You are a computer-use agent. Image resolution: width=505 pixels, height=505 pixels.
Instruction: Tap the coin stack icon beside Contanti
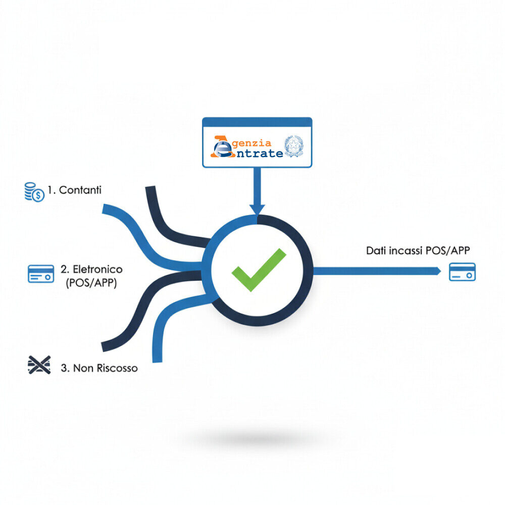click(x=34, y=192)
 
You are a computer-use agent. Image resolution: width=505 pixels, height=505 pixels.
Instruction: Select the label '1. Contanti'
click(x=74, y=190)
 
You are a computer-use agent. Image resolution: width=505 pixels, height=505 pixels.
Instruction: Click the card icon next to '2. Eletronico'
click(x=41, y=274)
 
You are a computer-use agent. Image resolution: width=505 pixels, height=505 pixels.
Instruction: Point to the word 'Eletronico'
click(x=97, y=269)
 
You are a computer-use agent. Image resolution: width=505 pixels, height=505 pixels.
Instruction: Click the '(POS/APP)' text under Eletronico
click(x=91, y=283)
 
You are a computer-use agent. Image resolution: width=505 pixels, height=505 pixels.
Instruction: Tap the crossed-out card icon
click(x=39, y=365)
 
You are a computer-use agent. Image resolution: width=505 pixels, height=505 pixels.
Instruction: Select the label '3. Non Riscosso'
click(x=99, y=368)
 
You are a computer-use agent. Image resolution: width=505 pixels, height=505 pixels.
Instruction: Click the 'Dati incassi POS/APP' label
click(x=418, y=250)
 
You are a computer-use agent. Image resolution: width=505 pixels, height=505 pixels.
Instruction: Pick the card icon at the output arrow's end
click(x=462, y=272)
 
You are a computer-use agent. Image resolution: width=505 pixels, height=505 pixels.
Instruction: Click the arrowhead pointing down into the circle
click(x=257, y=210)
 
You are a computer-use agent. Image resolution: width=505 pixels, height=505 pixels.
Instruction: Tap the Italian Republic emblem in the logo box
click(x=294, y=146)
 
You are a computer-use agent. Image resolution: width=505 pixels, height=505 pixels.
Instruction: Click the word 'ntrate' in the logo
click(x=260, y=154)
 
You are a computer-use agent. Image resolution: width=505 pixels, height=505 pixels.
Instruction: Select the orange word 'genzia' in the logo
click(x=251, y=143)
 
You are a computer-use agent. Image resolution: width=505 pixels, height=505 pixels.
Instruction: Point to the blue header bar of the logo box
click(x=257, y=122)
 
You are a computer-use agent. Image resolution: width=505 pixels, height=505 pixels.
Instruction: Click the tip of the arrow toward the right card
click(x=440, y=271)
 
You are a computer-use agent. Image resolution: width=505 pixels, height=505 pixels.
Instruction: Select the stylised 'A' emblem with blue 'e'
click(x=222, y=147)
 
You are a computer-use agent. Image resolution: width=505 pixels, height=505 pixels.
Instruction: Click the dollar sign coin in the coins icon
click(x=39, y=195)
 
